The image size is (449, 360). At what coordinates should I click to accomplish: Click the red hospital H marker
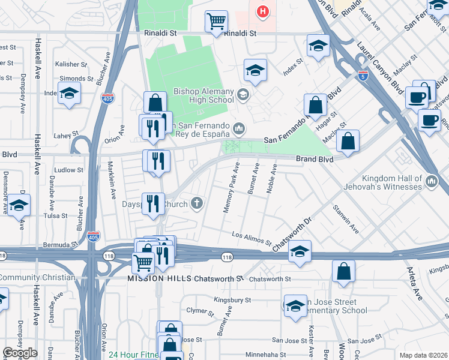[x=262, y=11]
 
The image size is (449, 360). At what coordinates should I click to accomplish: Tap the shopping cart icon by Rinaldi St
[x=215, y=22]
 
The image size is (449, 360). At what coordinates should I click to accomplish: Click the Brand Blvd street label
[x=314, y=159]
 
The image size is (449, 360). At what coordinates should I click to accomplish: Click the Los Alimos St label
[x=252, y=238]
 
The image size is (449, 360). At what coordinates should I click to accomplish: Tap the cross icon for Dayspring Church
[x=197, y=203]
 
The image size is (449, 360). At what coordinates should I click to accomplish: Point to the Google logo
[x=20, y=353]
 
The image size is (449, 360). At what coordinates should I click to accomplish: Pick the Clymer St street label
[x=200, y=311]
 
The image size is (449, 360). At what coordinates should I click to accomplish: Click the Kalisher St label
[x=67, y=64]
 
